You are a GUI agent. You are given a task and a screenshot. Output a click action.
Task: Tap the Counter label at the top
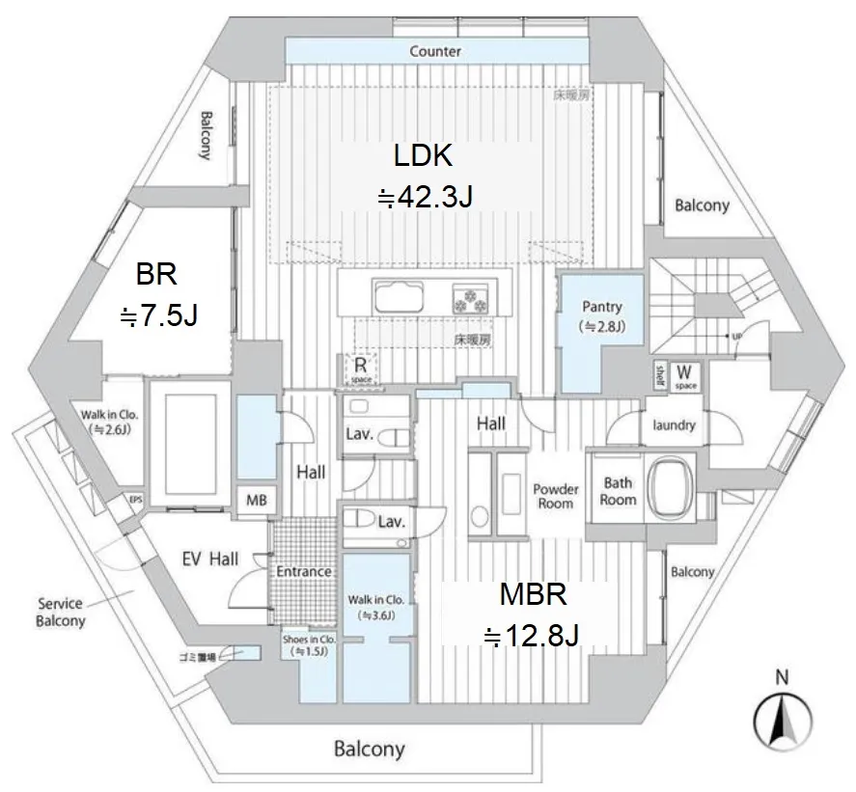coord(435,51)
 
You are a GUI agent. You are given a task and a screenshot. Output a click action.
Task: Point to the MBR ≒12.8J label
coord(529,614)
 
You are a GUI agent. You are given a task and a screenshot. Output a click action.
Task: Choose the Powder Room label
coord(557,496)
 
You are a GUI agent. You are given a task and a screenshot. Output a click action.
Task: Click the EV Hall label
coord(212,558)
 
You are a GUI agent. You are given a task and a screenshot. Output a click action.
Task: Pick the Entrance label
coord(304,571)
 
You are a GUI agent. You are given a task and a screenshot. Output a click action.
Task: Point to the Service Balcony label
coord(61,613)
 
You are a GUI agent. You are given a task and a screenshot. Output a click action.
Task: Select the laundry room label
coord(675,424)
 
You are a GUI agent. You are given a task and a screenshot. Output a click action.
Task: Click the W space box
coord(685,375)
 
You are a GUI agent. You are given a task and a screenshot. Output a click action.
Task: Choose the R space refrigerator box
coord(358,369)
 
